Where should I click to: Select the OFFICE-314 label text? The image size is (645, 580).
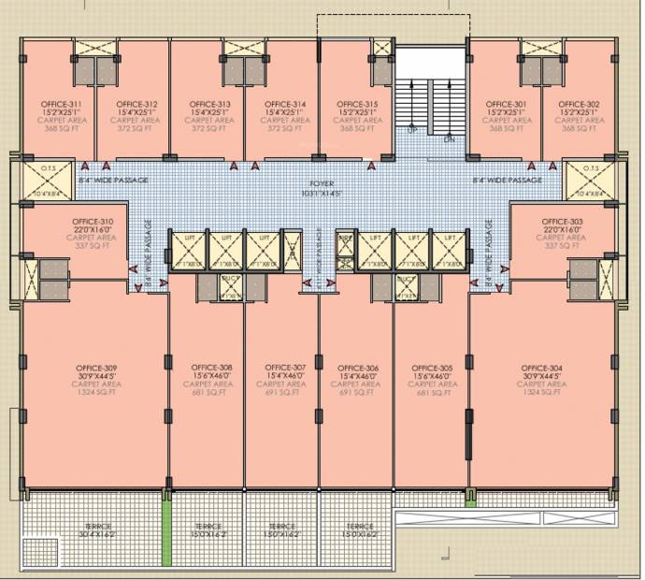point(285,104)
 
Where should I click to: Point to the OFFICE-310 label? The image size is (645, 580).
point(93,222)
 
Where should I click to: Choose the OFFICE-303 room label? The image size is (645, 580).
point(564,222)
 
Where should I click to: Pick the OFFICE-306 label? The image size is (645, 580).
point(358,367)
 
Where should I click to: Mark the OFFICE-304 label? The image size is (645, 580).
point(542,367)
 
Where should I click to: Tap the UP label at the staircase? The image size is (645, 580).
point(412,130)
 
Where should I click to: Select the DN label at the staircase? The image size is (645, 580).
point(449,138)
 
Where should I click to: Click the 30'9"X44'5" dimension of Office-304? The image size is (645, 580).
point(542,375)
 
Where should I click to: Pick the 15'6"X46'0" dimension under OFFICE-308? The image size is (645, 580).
point(212,375)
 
